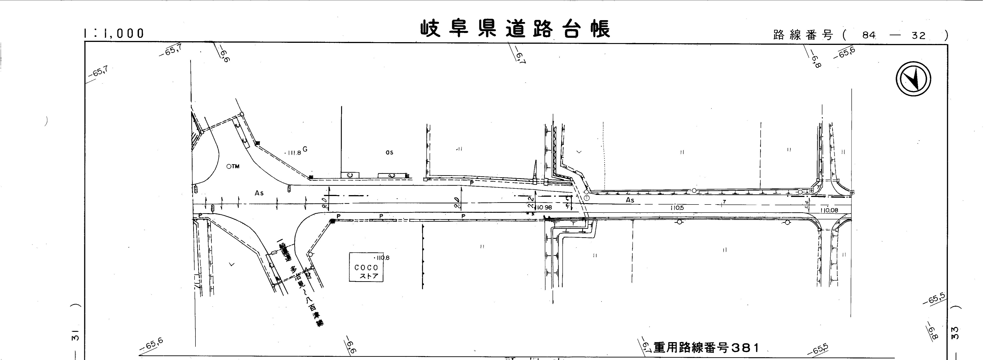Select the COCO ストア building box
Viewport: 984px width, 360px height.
coord(366,267)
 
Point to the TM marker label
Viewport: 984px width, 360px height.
coord(233,166)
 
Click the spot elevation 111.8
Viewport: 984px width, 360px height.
coord(293,153)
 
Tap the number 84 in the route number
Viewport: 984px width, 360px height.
coord(868,35)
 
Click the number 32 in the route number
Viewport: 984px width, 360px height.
coord(918,35)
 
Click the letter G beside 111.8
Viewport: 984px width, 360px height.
coord(305,149)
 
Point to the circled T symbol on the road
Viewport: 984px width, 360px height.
coord(587,198)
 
